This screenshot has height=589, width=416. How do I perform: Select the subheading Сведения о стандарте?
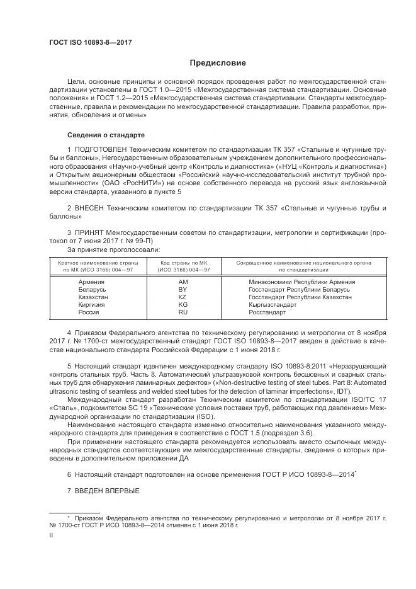point(105,135)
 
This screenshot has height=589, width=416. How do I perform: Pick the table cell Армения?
point(91,282)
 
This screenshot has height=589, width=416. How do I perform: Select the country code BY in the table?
point(183,289)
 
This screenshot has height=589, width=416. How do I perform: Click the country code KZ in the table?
point(183,297)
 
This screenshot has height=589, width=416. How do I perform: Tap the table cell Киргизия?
point(92,304)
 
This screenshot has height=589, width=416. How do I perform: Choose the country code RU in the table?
point(183,312)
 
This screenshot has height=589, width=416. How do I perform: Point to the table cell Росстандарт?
point(267,312)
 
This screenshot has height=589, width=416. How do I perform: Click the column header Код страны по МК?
point(183,263)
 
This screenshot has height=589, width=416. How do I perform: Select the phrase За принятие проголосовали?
point(110,249)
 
